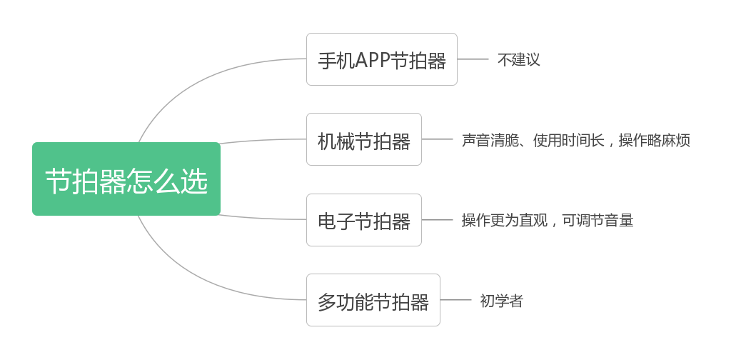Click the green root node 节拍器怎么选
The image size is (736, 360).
click(x=126, y=179)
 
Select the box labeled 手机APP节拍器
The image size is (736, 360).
click(x=381, y=59)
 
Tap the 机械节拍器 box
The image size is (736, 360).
click(x=363, y=140)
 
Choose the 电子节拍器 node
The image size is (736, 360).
click(x=363, y=220)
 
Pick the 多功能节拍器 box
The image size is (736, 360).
click(x=373, y=300)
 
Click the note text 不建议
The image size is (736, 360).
click(x=519, y=60)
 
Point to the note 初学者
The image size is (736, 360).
click(x=501, y=301)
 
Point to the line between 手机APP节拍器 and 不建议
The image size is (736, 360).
click(x=473, y=59)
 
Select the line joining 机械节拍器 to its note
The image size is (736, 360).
click(x=437, y=139)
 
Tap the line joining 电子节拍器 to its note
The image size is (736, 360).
click(x=437, y=220)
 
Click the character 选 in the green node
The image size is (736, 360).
click(x=194, y=181)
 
